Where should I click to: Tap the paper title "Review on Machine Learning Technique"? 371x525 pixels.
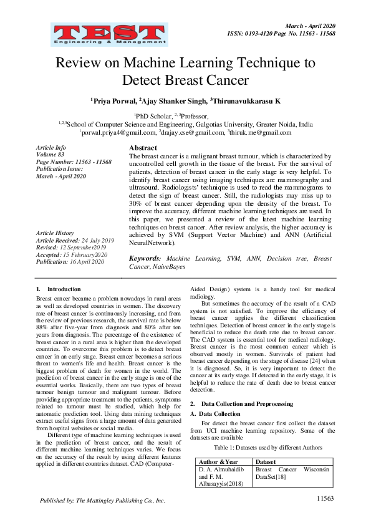(x=185, y=64)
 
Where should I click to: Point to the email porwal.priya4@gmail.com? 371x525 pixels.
(x=117, y=132)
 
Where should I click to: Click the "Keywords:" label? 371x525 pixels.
(x=146, y=258)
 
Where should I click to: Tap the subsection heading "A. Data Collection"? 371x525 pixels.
(x=219, y=413)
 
